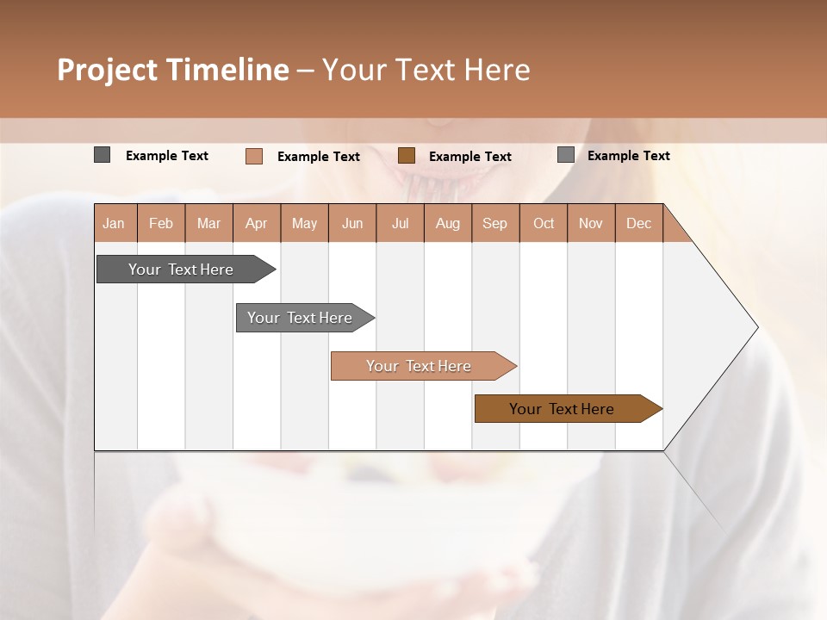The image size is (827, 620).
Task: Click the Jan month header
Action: coord(114,223)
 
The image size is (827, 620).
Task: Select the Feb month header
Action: coord(161,223)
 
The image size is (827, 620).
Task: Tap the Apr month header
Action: coord(257,223)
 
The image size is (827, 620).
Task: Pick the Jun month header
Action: coord(352,223)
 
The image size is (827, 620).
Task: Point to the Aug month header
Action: coord(448,223)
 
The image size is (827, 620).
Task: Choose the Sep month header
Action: coord(495,223)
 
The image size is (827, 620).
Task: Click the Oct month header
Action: coord(544,223)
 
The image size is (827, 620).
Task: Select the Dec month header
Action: coord(639,223)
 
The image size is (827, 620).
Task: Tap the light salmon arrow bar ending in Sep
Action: coord(420,366)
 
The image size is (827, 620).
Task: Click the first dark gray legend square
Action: coord(102,155)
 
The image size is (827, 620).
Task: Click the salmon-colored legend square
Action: coord(253,156)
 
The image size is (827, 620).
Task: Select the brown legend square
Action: coord(407,156)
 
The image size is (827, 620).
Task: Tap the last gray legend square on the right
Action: coord(565,155)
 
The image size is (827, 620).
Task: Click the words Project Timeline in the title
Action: coord(172,70)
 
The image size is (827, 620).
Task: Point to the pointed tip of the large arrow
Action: coord(755,327)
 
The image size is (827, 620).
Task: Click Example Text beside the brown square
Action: coord(470,157)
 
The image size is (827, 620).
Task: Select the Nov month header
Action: coord(591,223)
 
